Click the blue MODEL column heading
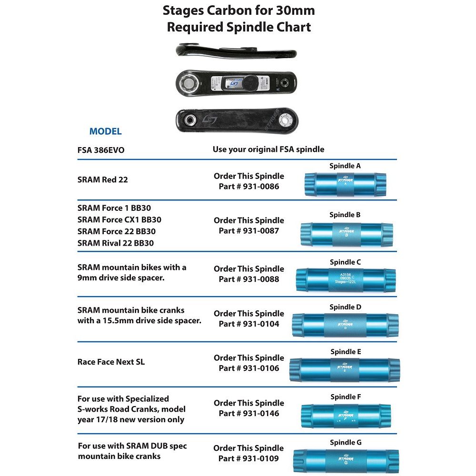(105, 131)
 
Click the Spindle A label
(345, 166)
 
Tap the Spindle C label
(346, 262)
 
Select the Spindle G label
(346, 442)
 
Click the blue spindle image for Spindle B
(346, 233)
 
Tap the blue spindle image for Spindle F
(346, 415)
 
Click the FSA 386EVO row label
(101, 149)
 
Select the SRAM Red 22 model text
(102, 180)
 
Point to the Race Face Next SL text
(111, 362)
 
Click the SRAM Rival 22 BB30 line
(115, 243)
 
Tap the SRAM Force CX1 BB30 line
(119, 220)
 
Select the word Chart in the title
(293, 27)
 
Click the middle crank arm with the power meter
(237, 84)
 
